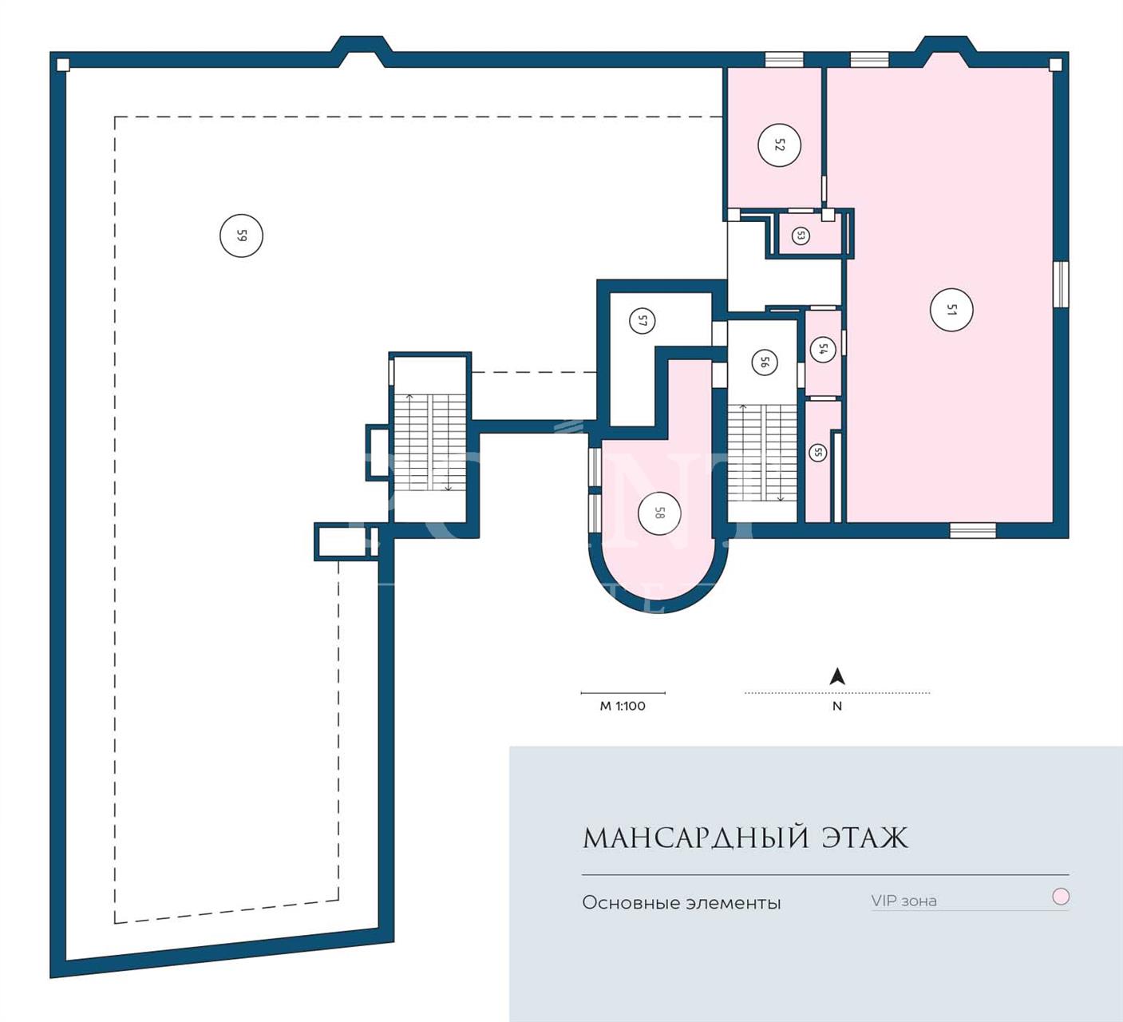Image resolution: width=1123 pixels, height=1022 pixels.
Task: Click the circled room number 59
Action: pyautogui.click(x=241, y=236)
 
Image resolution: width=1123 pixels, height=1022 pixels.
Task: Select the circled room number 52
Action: pyautogui.click(x=779, y=145)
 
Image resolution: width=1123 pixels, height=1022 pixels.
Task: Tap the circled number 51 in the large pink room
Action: pyautogui.click(x=951, y=310)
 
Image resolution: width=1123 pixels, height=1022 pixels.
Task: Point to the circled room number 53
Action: pyautogui.click(x=801, y=236)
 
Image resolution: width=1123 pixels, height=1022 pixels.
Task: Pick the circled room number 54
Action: pyautogui.click(x=823, y=350)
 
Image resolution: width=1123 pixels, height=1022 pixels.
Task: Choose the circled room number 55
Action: pyautogui.click(x=818, y=452)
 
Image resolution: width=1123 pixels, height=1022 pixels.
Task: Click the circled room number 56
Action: pyautogui.click(x=764, y=362)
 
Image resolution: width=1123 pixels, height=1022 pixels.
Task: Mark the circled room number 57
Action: pyautogui.click(x=643, y=321)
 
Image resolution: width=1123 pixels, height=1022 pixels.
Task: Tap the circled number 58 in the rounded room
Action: pyautogui.click(x=659, y=513)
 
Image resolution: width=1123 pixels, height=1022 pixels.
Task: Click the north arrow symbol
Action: pyautogui.click(x=837, y=676)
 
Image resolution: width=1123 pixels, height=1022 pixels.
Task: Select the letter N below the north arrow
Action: pyautogui.click(x=837, y=706)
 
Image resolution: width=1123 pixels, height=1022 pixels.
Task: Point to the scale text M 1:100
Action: pyautogui.click(x=623, y=706)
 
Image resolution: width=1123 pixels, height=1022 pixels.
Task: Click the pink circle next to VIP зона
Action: pyautogui.click(x=1060, y=897)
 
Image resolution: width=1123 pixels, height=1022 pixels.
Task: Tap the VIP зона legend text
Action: pyautogui.click(x=904, y=901)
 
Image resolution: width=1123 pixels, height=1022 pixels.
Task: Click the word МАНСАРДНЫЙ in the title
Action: pyautogui.click(x=695, y=838)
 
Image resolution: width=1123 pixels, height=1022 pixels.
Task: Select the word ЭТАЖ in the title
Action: pyautogui.click(x=865, y=838)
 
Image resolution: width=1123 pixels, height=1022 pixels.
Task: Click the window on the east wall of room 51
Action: pyautogui.click(x=1061, y=284)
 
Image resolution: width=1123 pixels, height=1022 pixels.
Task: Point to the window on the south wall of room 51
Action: pyautogui.click(x=973, y=530)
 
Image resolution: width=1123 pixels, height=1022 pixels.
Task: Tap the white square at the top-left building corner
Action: pyautogui.click(x=63, y=65)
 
